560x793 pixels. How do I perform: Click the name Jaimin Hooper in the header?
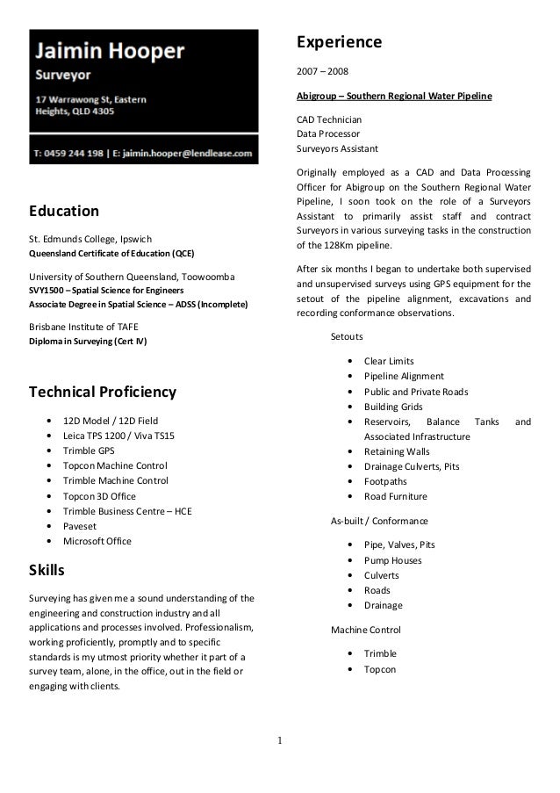(110, 51)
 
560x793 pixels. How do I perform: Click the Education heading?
(64, 211)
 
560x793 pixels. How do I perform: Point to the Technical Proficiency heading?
(103, 392)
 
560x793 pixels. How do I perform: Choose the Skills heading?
(47, 570)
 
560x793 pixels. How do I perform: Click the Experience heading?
(339, 42)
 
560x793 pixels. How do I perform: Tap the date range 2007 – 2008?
(323, 71)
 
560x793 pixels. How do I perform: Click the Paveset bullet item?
(80, 526)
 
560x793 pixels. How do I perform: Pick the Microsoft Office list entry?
(97, 541)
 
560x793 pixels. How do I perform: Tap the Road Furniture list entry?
(396, 496)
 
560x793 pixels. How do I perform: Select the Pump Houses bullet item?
(392, 560)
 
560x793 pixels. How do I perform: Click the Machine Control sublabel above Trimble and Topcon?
(365, 630)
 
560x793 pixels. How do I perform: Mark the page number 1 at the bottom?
(280, 748)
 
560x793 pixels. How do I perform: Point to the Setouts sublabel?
(348, 336)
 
